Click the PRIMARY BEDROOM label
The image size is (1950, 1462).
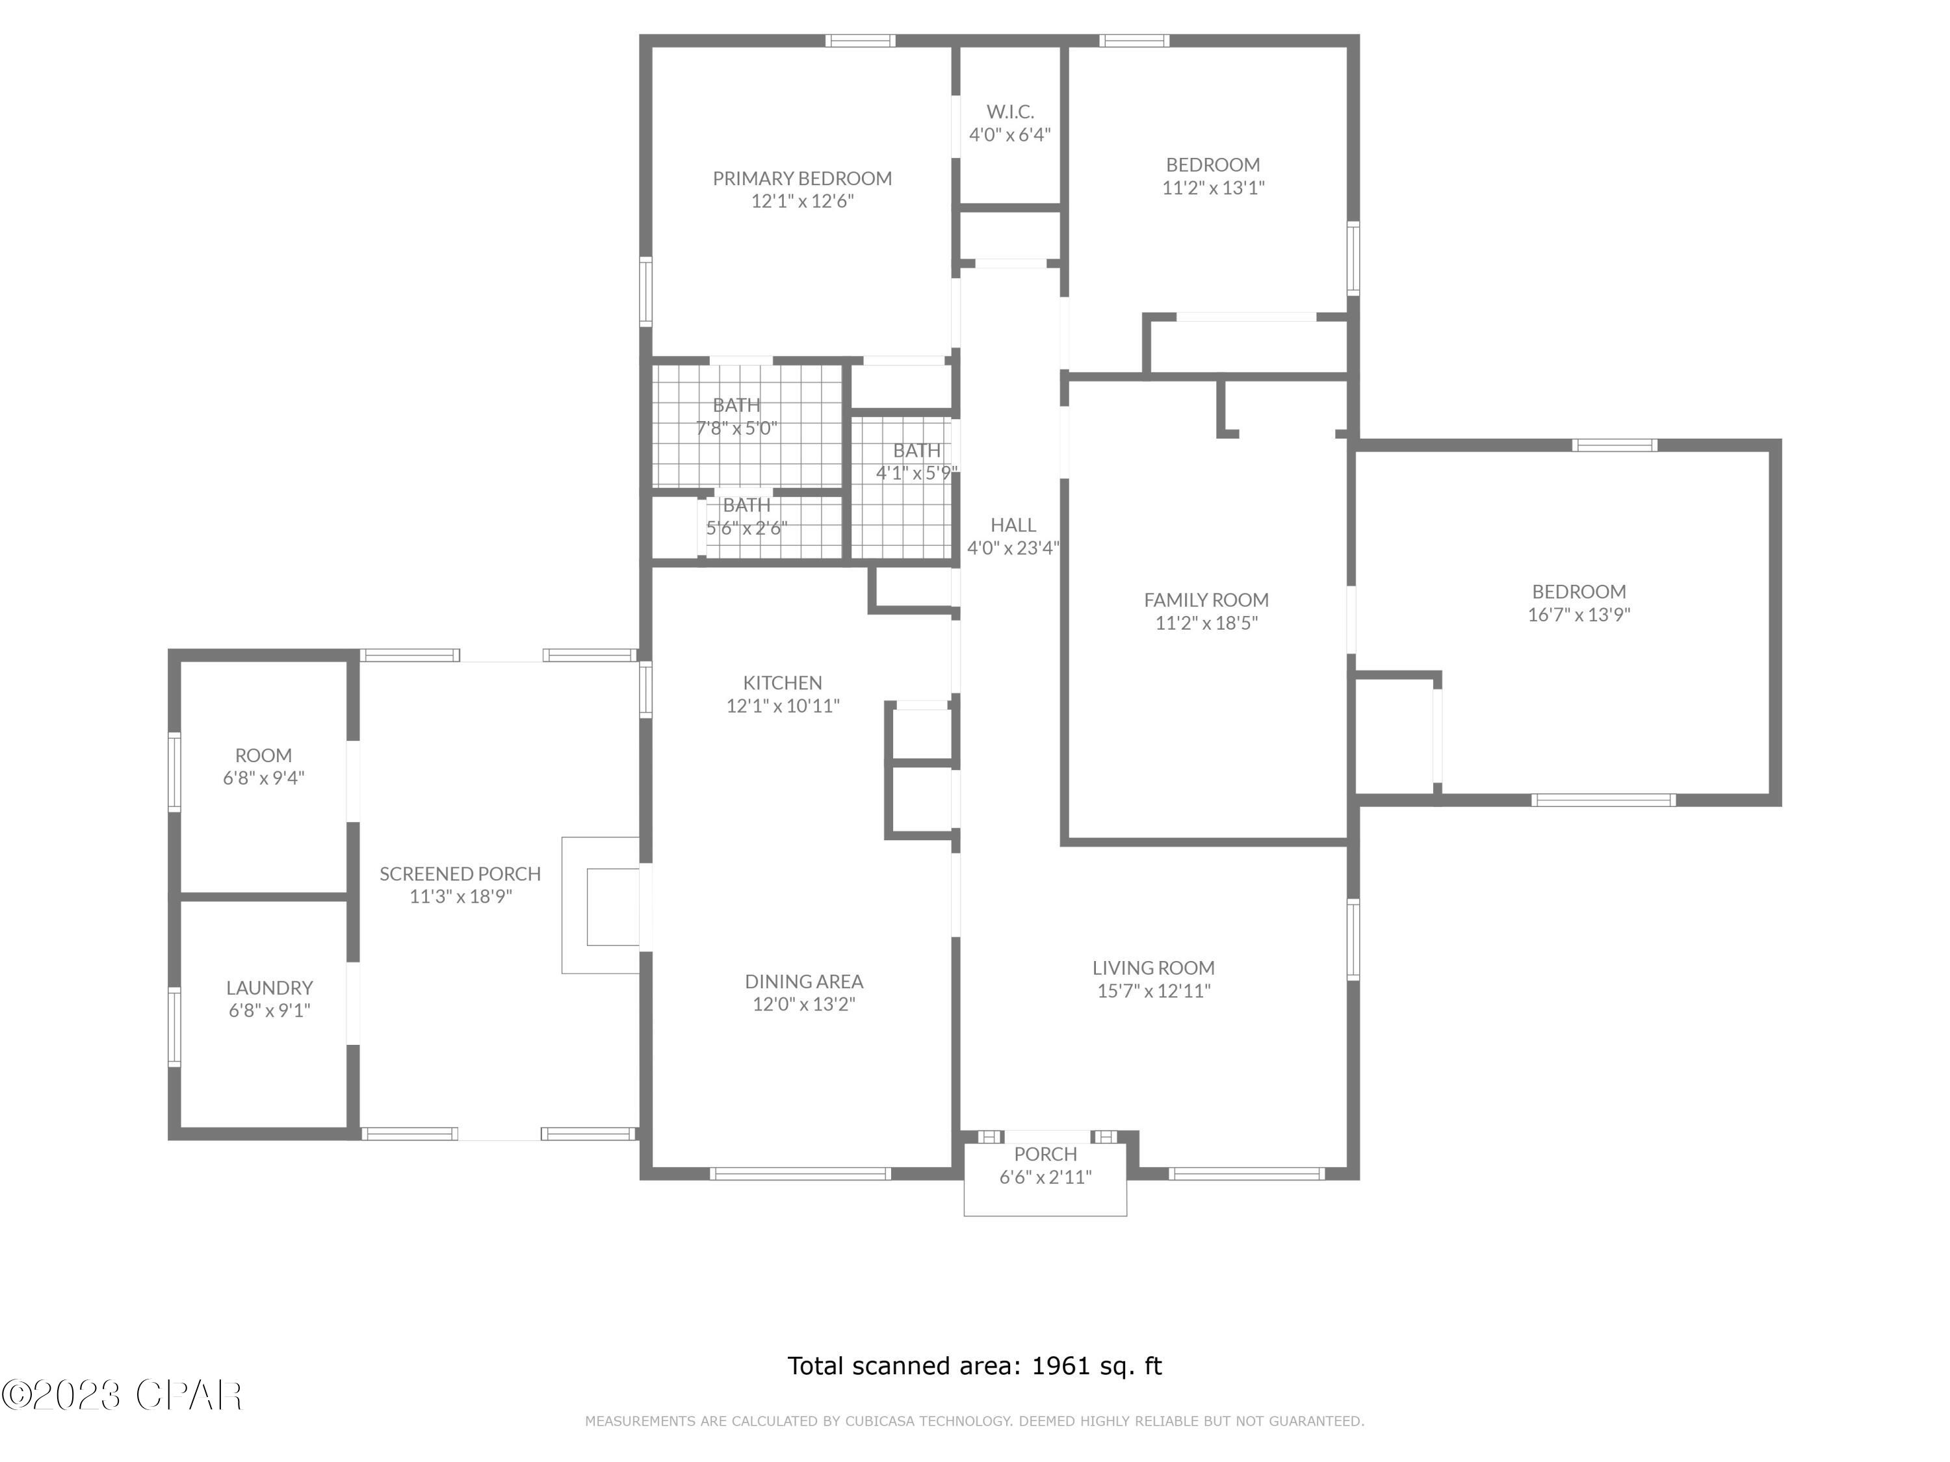click(801, 179)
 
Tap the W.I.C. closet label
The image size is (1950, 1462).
click(1009, 112)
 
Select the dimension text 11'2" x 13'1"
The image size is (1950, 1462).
click(1213, 188)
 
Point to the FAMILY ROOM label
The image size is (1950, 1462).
click(1206, 600)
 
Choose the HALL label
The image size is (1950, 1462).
click(1013, 525)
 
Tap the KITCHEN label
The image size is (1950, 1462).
click(782, 683)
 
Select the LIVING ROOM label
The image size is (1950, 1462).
click(1153, 968)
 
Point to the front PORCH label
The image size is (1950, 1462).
click(1045, 1155)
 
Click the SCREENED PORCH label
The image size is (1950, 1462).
click(460, 874)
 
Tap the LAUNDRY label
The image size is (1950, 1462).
click(269, 988)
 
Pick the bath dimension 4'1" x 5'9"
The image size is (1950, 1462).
click(916, 473)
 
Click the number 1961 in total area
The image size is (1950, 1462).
click(1061, 1366)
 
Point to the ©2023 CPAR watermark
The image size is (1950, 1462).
click(122, 1395)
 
